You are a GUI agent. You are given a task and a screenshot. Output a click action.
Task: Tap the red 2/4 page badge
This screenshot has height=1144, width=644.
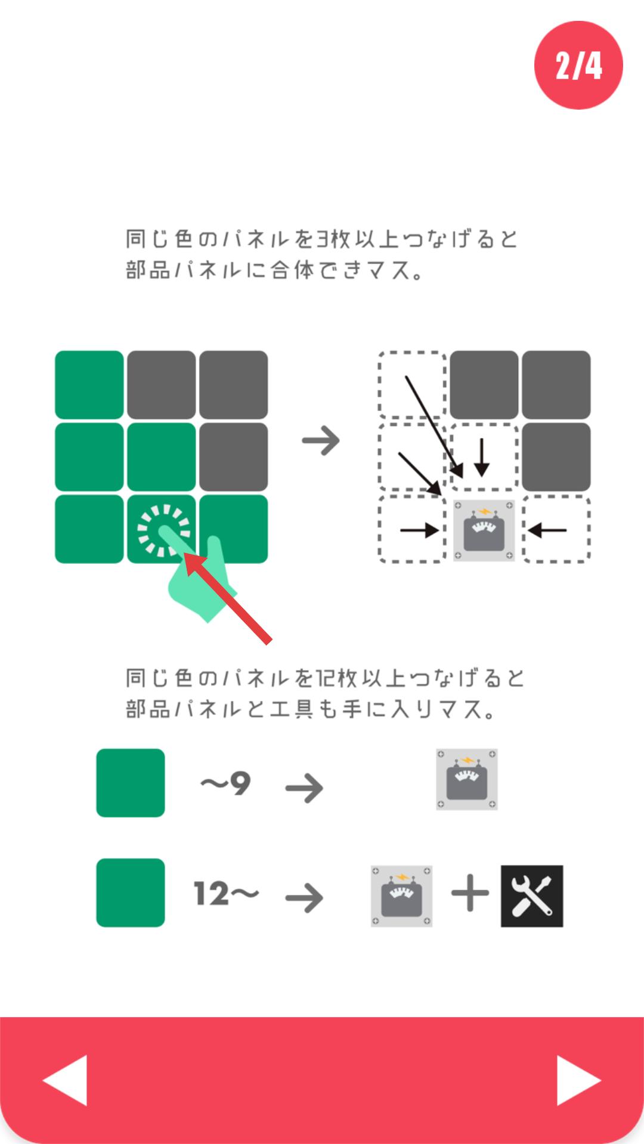point(578,65)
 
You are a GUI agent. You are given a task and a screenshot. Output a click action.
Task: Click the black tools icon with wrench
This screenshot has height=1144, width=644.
point(532,896)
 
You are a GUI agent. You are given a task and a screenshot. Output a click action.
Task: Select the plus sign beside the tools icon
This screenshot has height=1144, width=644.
point(470,894)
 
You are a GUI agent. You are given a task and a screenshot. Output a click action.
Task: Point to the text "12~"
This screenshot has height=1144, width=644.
point(226,894)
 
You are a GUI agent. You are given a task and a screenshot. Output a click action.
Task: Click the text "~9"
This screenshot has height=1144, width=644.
point(225,784)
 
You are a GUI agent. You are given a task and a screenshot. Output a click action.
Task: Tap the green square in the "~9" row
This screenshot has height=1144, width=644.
point(131,783)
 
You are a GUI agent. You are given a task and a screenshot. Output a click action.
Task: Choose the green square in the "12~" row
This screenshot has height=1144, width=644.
point(131,893)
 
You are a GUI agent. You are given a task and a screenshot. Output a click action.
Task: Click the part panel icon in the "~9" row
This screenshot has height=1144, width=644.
point(467,779)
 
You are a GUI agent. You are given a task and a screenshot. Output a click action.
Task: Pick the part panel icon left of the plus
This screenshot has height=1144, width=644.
point(402,896)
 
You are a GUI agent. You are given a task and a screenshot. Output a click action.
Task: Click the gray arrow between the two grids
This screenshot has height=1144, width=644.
point(321,441)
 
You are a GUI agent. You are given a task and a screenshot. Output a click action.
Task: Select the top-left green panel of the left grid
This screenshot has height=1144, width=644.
point(89,385)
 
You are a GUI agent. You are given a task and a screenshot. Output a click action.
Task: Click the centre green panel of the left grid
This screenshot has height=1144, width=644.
point(162,457)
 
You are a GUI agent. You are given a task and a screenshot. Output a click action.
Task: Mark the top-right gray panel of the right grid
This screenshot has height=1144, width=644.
point(556,385)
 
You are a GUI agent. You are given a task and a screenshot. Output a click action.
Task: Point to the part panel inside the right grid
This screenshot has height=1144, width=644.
point(484,530)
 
